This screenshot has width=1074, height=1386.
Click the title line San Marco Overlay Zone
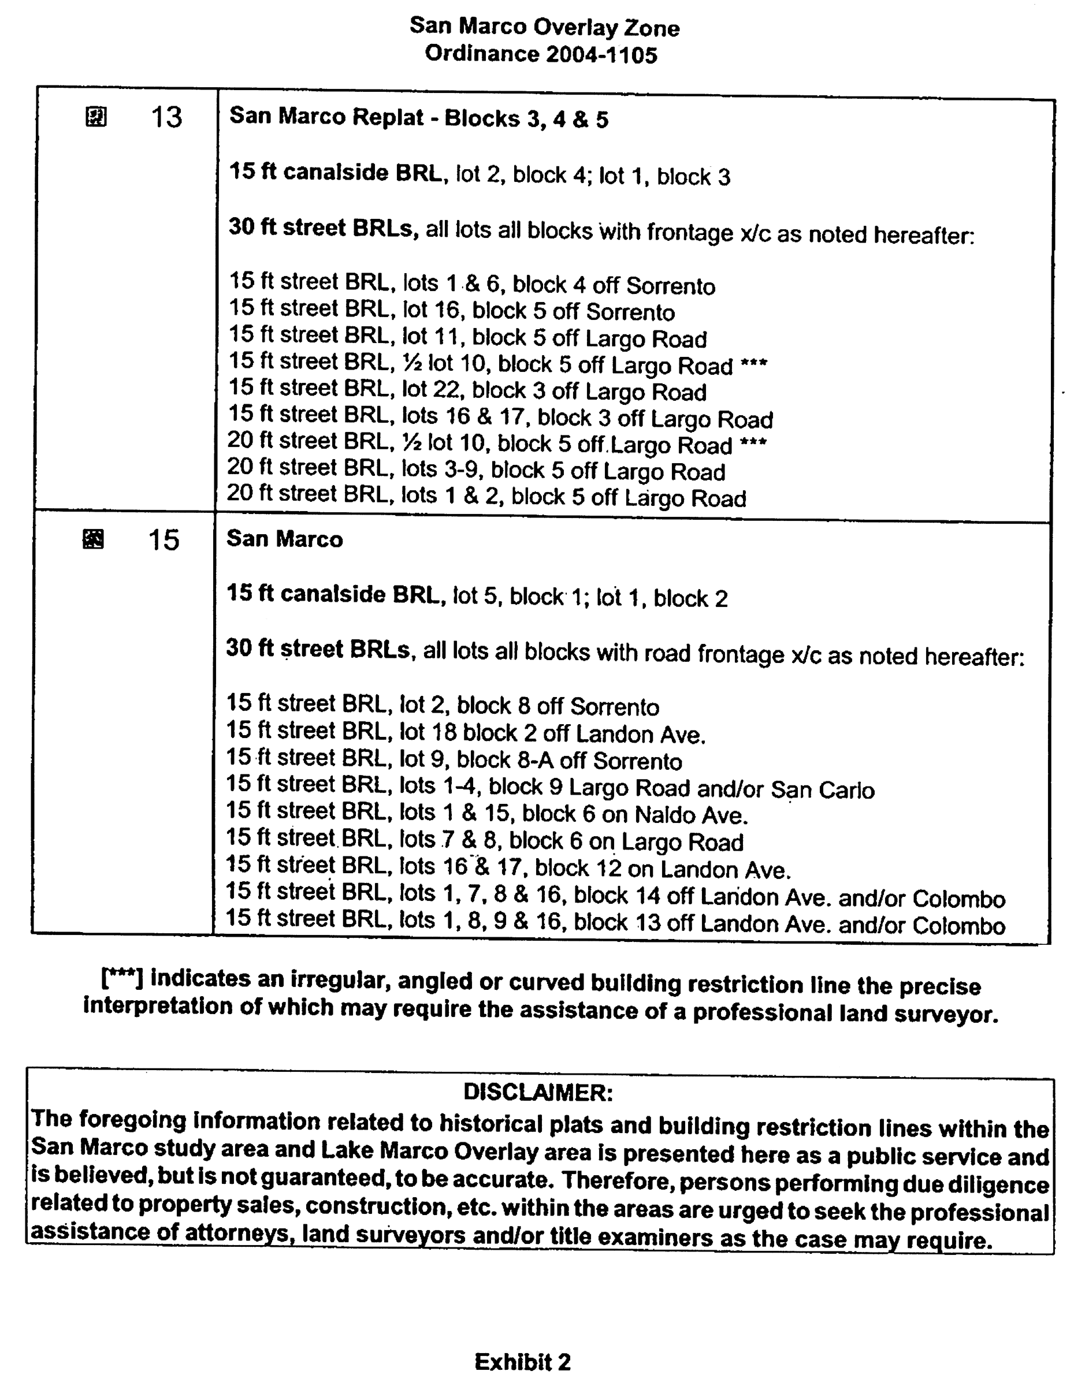click(544, 27)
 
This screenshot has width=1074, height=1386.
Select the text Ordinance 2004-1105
click(541, 55)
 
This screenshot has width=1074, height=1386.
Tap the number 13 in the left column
click(166, 117)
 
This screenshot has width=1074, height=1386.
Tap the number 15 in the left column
click(163, 540)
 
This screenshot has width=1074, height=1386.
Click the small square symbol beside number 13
click(96, 117)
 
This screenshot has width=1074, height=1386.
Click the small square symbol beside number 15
click(94, 539)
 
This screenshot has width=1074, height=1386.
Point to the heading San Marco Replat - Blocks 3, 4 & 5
click(418, 118)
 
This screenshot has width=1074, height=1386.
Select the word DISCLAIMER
click(538, 1092)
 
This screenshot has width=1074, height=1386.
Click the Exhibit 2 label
click(522, 1362)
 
